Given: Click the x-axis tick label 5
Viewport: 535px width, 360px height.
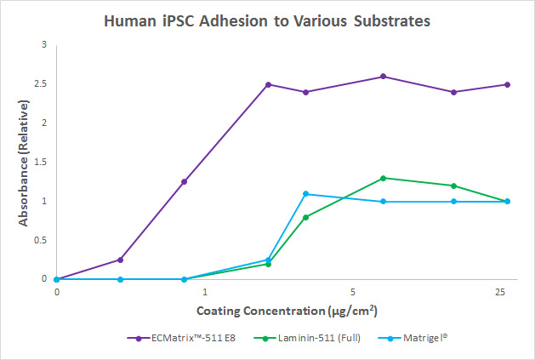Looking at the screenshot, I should click(x=352, y=292).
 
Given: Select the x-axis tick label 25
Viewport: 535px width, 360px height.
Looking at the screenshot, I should click(x=500, y=292).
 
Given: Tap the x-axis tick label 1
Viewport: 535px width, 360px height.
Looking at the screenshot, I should click(x=204, y=292).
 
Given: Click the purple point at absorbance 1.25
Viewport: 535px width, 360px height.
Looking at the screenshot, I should click(x=184, y=181).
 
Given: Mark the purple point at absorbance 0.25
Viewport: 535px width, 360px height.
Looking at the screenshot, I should click(x=120, y=260).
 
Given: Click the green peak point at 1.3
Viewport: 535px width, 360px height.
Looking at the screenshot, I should click(x=384, y=178).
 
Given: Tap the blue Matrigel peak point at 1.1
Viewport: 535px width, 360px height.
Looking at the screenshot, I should click(x=306, y=194).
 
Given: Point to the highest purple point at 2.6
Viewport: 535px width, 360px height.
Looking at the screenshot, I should click(x=384, y=77).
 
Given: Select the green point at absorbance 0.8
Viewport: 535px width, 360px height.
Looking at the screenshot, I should click(x=306, y=217).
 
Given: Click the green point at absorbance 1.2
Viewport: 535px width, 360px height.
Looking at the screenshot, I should click(x=453, y=186).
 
